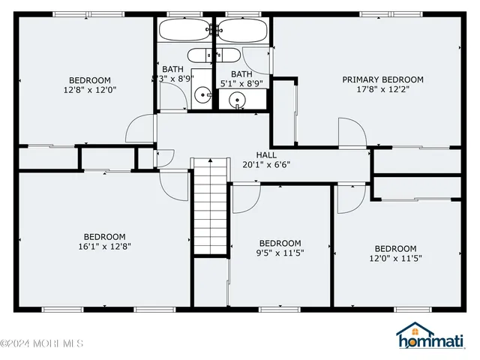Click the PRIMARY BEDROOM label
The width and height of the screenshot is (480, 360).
tap(382, 79)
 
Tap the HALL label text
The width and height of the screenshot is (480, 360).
tap(266, 154)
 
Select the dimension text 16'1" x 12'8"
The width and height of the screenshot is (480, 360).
tap(104, 246)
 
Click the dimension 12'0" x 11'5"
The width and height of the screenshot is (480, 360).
tap(395, 259)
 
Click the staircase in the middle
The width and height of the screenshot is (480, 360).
tap(210, 206)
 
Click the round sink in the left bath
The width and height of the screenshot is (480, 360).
tap(202, 95)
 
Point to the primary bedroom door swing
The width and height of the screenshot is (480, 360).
tap(352, 131)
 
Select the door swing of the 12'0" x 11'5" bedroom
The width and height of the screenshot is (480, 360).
tap(350, 196)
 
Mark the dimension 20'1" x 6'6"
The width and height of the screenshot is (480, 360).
tap(266, 164)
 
